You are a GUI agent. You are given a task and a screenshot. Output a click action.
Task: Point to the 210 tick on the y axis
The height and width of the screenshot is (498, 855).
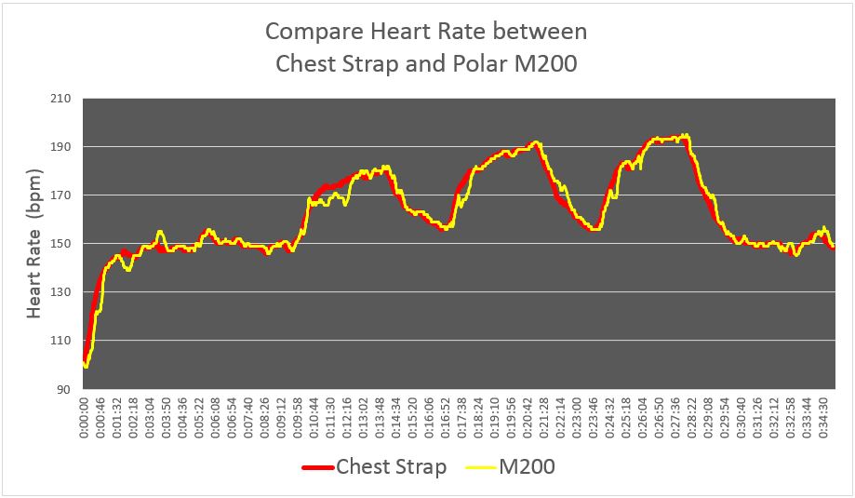(x=65, y=99)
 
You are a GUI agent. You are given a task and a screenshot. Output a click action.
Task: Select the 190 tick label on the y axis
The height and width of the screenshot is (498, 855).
(x=65, y=147)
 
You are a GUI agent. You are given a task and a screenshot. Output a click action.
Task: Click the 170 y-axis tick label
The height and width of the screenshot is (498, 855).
(x=65, y=195)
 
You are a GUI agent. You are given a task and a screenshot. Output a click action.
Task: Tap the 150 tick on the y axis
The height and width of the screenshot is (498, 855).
(x=65, y=244)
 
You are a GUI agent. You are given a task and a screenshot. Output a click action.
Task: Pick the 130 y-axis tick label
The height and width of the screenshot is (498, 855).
(x=65, y=292)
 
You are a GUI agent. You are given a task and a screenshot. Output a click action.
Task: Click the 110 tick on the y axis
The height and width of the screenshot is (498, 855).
(x=65, y=341)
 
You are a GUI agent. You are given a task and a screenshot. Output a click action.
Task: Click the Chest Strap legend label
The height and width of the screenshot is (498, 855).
(x=391, y=466)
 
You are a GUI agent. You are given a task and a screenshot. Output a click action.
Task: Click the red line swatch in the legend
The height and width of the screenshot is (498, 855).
(x=318, y=467)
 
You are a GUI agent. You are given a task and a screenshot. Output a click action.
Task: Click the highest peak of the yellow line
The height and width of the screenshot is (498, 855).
(x=687, y=135)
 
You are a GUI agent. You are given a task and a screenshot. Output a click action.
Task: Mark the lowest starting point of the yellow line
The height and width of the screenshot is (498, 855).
(x=87, y=366)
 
